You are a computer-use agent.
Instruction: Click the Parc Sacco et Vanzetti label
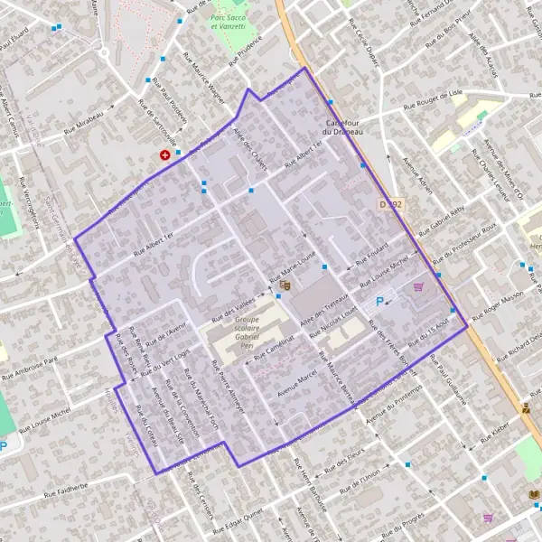pyautogui.click(x=229, y=23)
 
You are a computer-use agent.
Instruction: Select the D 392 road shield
pyautogui.click(x=389, y=205)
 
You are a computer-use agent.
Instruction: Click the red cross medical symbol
pyautogui.click(x=165, y=155)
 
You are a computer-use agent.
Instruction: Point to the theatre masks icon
pyautogui.click(x=285, y=285)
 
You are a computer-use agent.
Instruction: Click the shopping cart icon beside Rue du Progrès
pyautogui.click(x=488, y=518)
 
